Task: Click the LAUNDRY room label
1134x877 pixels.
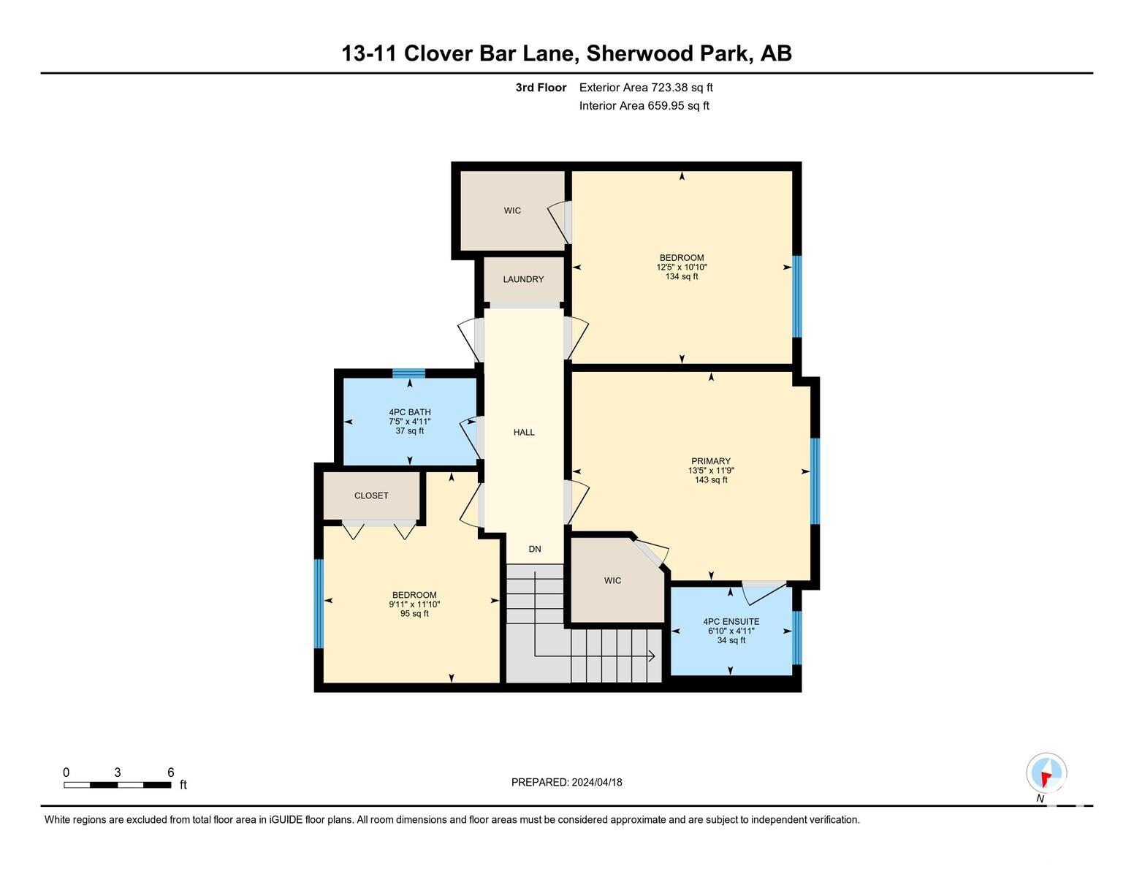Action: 523,280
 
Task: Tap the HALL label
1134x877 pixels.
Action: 524,433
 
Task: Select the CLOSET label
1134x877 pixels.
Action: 371,496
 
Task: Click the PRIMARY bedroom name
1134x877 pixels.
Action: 711,461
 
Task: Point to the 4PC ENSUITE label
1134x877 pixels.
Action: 731,622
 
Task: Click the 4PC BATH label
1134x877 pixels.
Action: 410,412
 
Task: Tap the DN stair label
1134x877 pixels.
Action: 535,549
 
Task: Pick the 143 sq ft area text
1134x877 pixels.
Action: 711,480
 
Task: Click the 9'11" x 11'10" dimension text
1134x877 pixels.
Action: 414,604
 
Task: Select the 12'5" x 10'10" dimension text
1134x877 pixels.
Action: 682,267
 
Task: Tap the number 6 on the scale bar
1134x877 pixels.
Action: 171,772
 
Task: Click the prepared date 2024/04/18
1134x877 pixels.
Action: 597,783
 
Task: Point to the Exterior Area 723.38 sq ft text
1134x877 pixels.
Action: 646,88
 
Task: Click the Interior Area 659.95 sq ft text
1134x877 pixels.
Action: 644,106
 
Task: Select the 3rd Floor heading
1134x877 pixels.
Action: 541,88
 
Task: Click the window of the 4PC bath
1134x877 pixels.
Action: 408,373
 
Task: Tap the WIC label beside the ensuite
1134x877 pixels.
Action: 612,581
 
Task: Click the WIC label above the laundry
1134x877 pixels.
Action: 512,210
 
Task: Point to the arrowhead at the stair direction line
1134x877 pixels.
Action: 652,657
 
